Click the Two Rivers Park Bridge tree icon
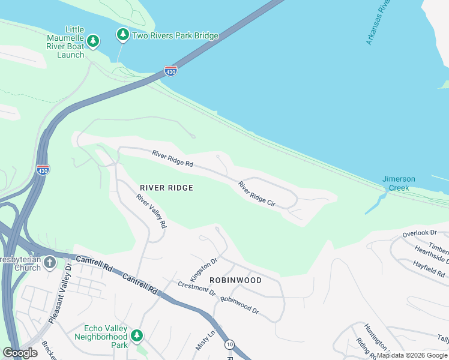123,35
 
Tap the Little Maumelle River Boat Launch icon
92,41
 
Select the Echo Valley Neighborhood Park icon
137,335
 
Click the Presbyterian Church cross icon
49,262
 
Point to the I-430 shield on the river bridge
170,70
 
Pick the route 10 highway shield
230,344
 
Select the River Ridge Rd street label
172,159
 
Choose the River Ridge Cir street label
256,194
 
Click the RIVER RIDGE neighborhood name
167,188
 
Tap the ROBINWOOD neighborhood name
235,280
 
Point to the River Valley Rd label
151,211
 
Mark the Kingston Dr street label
203,268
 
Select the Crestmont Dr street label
196,288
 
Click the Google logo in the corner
20,353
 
